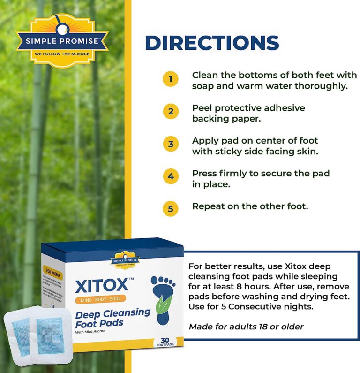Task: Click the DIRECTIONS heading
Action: point(212,43)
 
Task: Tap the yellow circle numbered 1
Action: point(171,79)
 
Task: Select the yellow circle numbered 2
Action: point(171,111)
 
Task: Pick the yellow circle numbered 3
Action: point(171,144)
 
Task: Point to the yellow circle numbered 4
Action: point(171,176)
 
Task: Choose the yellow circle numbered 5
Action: point(171,208)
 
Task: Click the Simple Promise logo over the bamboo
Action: point(62,42)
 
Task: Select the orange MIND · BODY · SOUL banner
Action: point(100,299)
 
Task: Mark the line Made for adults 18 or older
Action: point(246,327)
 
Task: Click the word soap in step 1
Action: point(202,86)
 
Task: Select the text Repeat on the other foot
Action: point(250,206)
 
